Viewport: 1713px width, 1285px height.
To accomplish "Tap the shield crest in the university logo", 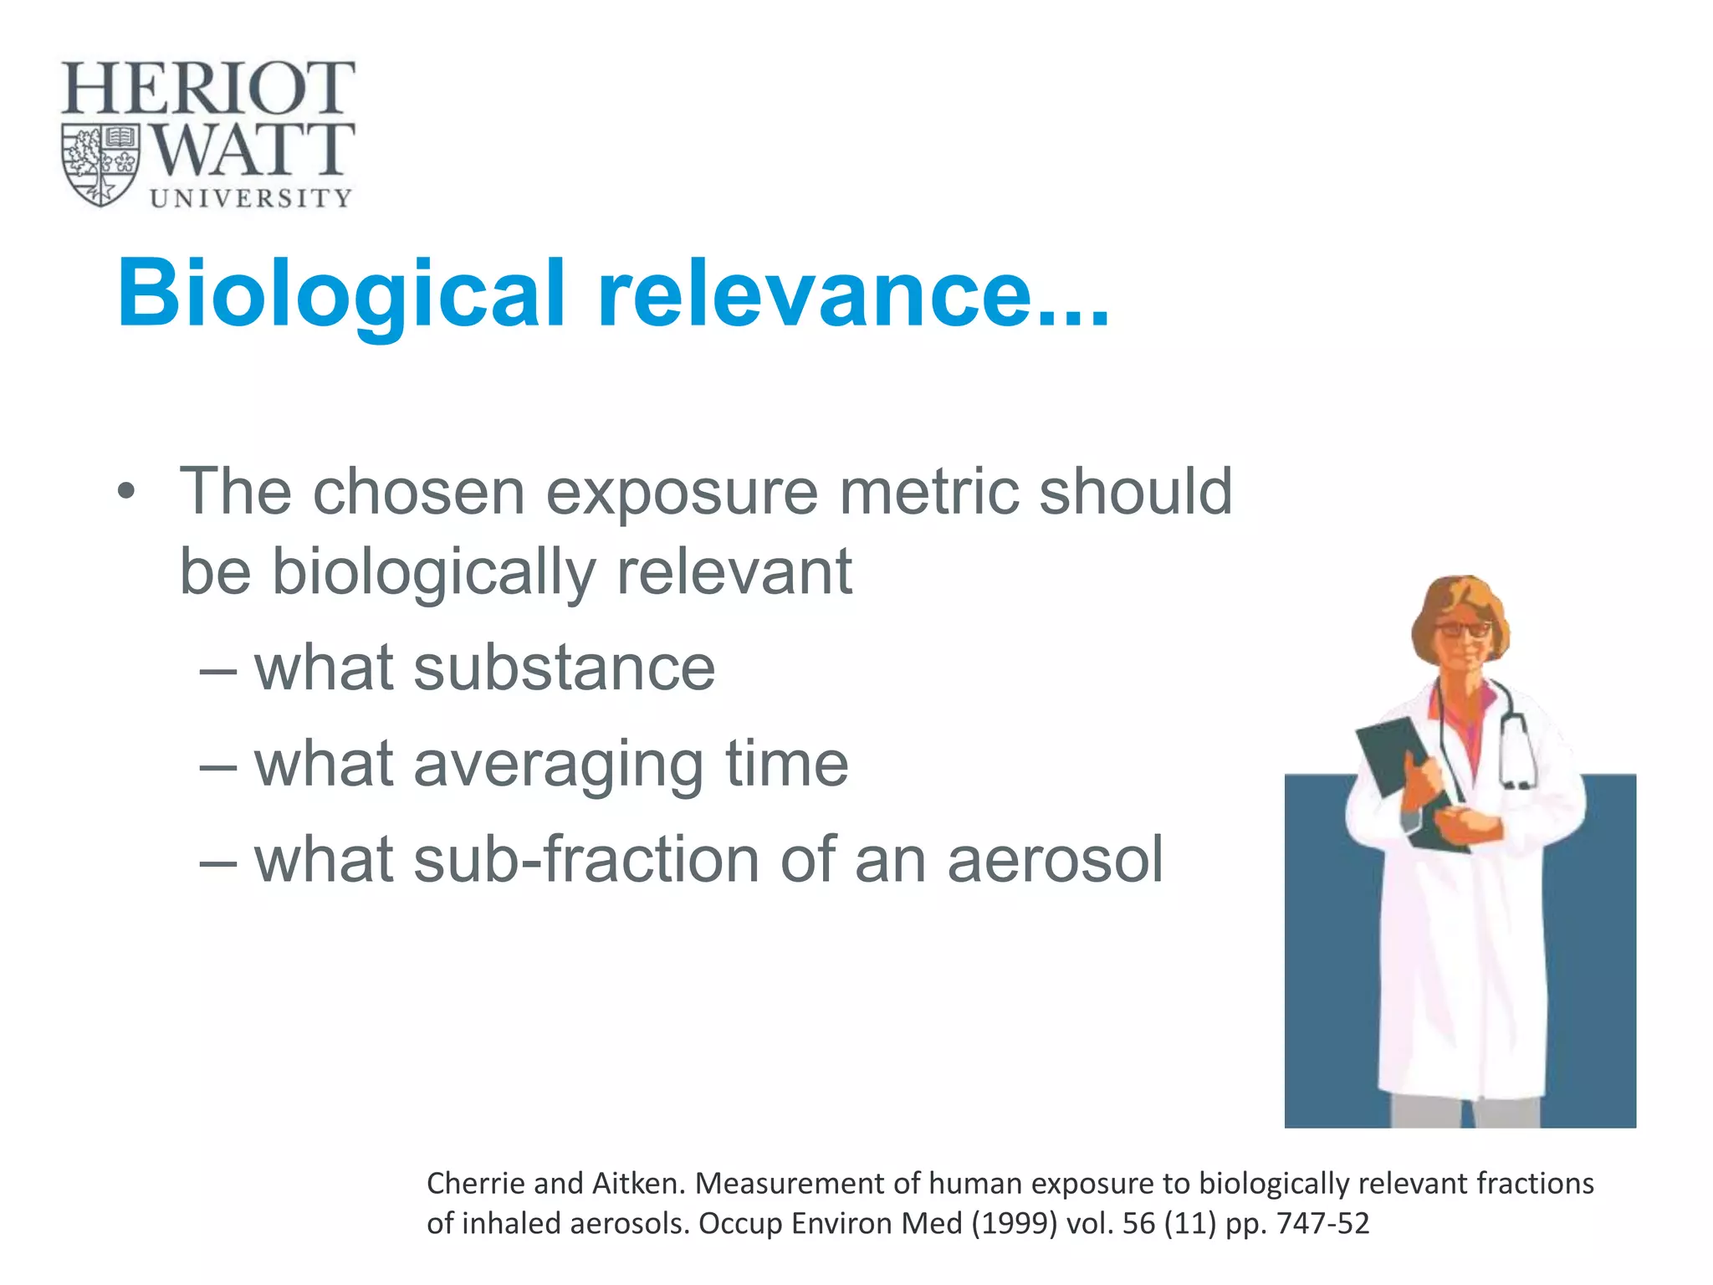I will [101, 165].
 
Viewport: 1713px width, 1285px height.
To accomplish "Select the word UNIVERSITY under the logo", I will [251, 198].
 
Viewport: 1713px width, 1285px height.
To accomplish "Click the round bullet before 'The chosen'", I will [125, 492].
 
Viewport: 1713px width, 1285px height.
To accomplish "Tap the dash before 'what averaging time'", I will [219, 765].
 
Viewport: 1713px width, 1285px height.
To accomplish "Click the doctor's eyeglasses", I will [1462, 629].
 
